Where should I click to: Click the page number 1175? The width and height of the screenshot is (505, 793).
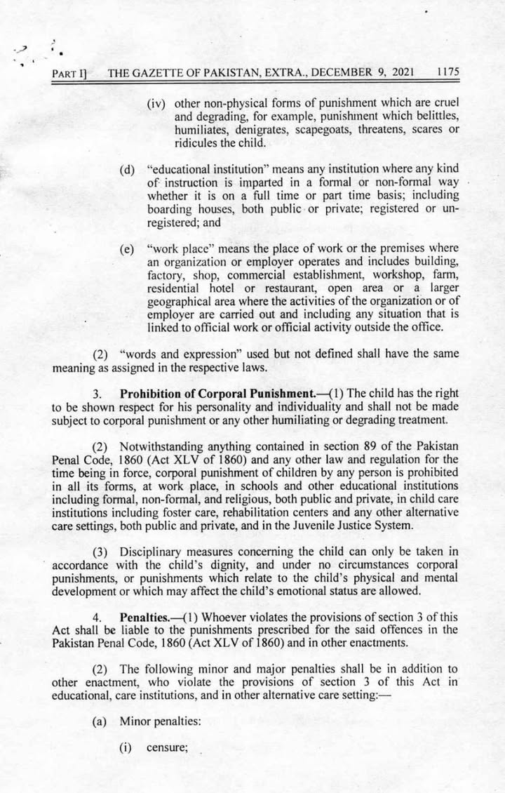pyautogui.click(x=447, y=72)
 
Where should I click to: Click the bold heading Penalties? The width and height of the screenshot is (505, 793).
pyautogui.click(x=146, y=617)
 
